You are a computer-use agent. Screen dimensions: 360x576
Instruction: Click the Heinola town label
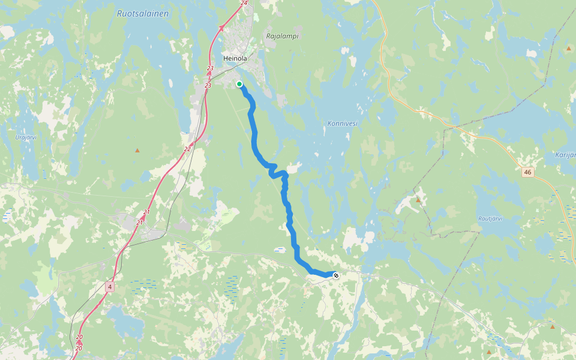[235, 58]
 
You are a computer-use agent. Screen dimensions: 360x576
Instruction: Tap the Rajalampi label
[282, 36]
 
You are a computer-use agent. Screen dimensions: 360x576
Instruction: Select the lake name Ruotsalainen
[143, 13]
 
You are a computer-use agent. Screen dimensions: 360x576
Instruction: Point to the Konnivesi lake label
[343, 123]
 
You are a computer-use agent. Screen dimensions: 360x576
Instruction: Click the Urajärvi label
[25, 137]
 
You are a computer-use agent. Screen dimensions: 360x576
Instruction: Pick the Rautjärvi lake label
[490, 218]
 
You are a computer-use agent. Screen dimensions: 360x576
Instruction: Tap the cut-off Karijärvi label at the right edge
[566, 155]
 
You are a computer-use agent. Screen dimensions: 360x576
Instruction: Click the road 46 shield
[527, 172]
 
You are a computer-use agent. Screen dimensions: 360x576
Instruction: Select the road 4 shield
[109, 287]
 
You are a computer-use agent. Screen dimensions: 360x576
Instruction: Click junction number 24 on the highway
[244, 3]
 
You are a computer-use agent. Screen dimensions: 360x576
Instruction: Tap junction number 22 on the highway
[187, 149]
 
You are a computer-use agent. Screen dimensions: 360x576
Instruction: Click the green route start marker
[239, 84]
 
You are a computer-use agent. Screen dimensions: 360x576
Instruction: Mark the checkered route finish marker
[336, 275]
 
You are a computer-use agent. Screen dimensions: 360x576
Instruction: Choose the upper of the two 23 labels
[210, 68]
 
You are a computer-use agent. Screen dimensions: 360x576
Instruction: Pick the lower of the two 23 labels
[208, 86]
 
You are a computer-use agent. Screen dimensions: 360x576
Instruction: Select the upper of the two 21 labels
[146, 212]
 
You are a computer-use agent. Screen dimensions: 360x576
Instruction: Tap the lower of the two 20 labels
[79, 348]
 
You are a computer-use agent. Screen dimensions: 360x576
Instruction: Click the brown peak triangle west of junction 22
[137, 150]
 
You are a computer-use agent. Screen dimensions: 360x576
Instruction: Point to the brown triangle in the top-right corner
[569, 48]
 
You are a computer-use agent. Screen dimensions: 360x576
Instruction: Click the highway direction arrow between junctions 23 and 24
[221, 27]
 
